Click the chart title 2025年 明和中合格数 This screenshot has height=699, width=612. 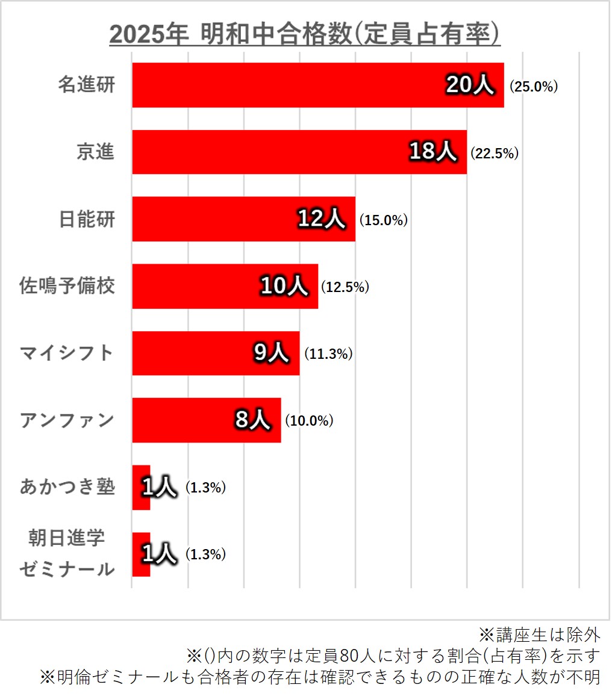[305, 34]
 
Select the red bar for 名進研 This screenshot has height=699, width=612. [289, 85]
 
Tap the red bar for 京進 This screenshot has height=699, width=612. [271, 152]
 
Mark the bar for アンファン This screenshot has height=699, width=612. [181, 420]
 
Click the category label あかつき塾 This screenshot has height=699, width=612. [67, 486]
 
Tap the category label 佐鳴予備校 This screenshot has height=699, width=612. [67, 286]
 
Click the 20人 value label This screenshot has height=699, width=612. [470, 85]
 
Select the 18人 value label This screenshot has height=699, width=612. [432, 152]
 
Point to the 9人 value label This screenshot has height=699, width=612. [272, 353]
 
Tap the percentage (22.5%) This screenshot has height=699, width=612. [494, 154]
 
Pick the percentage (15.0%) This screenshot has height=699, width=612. [384, 220]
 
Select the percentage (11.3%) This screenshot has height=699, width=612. [328, 355]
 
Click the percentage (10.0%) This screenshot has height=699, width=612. [309, 421]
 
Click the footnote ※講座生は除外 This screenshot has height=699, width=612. [539, 634]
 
